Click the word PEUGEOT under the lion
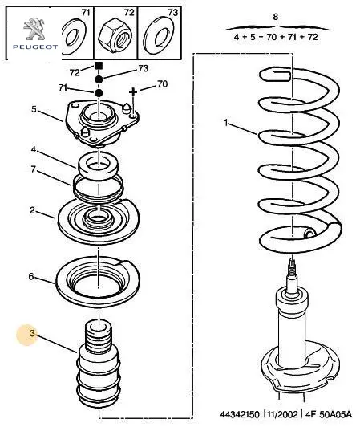coord(35,47)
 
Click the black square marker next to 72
coord(99,66)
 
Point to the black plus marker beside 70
coord(133,91)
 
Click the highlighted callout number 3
coord(32,334)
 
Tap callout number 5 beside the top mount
coord(34,109)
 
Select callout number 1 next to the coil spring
coord(226,123)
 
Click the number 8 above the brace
coord(276,17)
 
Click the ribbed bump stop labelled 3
coord(99,361)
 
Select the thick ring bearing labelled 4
coord(99,168)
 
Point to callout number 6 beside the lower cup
coord(31,276)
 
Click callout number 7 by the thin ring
coord(33,169)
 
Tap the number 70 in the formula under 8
coord(271,37)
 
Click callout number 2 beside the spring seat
coord(32,210)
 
